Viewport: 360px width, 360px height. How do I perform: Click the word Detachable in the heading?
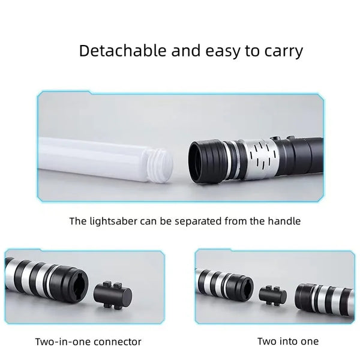[x=122, y=50]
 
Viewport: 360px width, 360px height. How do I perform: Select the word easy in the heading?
[x=223, y=52]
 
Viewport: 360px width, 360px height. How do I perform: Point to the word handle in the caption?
[x=284, y=221]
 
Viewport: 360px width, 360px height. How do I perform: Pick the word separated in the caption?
[x=198, y=222]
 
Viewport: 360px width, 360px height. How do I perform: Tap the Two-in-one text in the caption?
[x=63, y=342]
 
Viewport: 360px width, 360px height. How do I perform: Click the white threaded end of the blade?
[x=160, y=166]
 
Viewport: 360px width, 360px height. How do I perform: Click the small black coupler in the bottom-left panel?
[x=113, y=295]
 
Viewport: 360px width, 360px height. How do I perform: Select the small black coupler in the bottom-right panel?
[x=273, y=296]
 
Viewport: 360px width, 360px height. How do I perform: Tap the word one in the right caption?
[x=310, y=342]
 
